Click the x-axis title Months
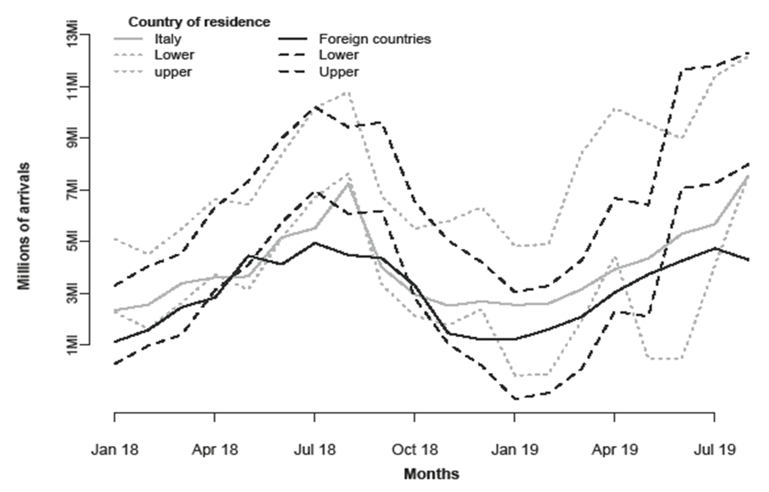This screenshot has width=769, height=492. point(431,474)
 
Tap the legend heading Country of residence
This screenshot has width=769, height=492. point(200,22)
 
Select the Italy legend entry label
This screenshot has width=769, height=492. point(168,39)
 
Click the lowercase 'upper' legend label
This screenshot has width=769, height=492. point(173,72)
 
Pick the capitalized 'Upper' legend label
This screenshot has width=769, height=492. point(340,72)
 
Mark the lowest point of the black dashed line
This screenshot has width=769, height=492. point(516,399)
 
